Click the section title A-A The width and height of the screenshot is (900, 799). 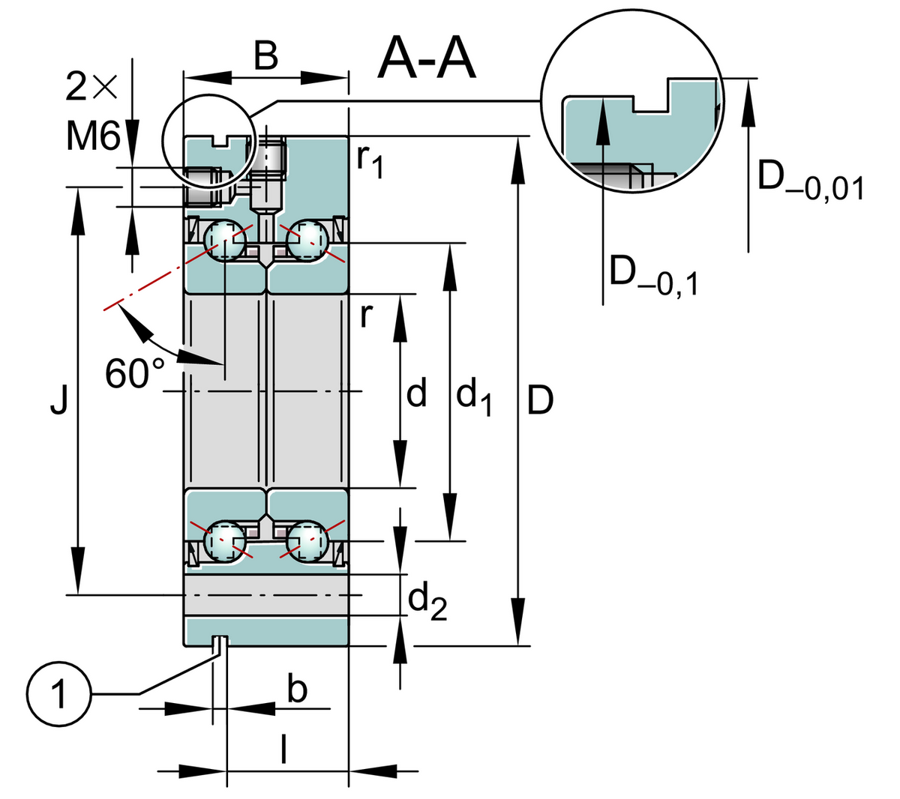click(427, 58)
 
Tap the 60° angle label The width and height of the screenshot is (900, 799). click(136, 373)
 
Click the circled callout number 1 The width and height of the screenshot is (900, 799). click(58, 693)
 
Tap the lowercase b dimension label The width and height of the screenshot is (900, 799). click(298, 688)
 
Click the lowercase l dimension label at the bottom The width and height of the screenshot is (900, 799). click(283, 750)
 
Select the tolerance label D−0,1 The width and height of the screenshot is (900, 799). click(652, 274)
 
